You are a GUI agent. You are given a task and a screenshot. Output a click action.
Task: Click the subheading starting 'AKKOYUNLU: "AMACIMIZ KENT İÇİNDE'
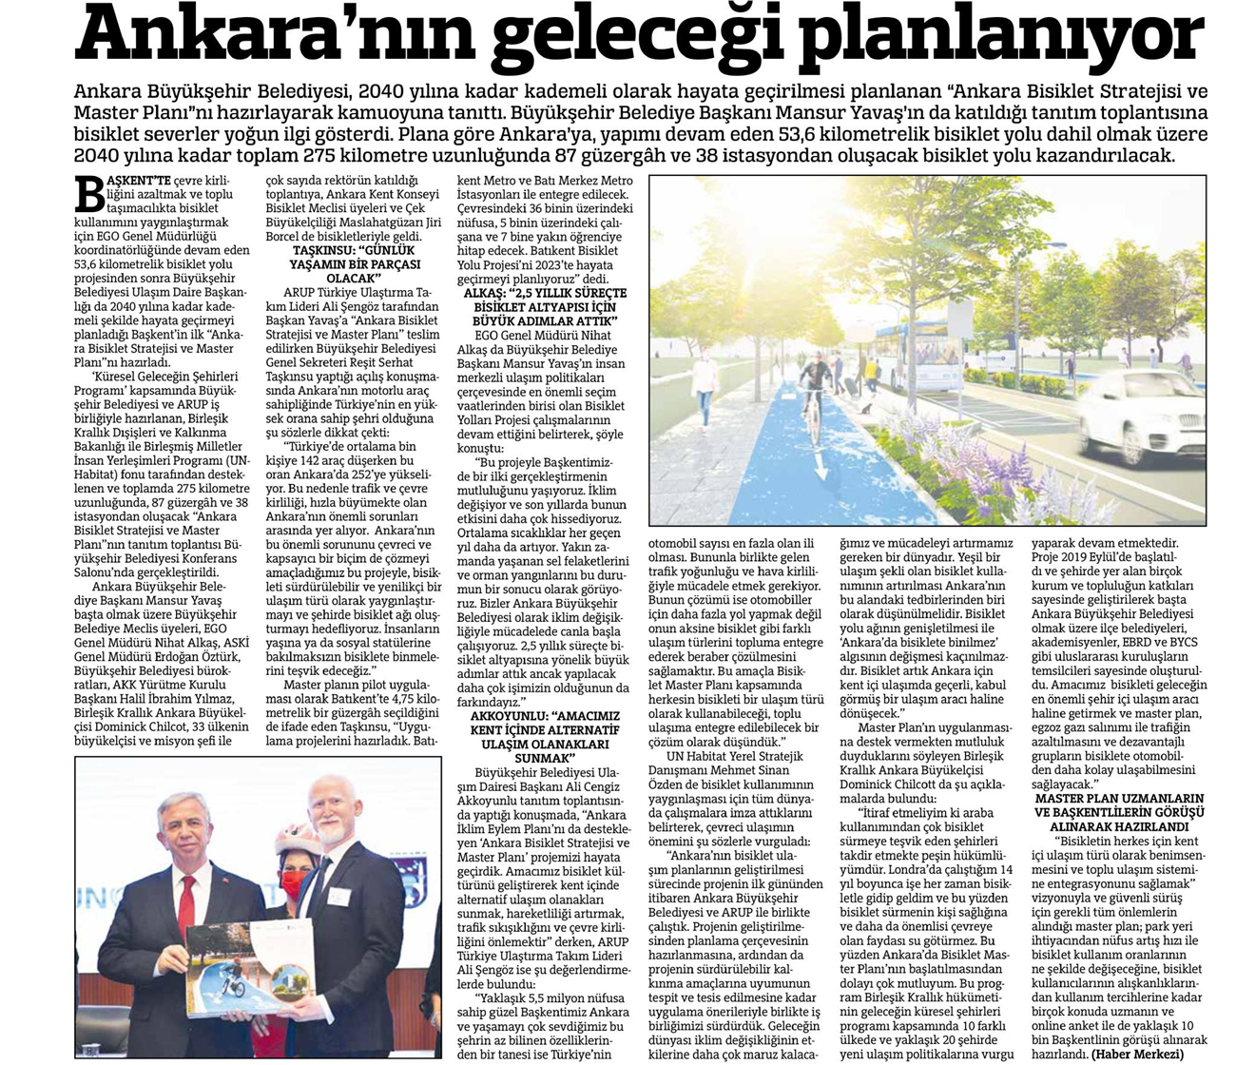click(545, 735)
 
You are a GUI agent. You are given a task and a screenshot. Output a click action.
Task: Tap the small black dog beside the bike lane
click(866, 406)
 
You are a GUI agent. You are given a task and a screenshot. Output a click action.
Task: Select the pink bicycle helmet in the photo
click(298, 840)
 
